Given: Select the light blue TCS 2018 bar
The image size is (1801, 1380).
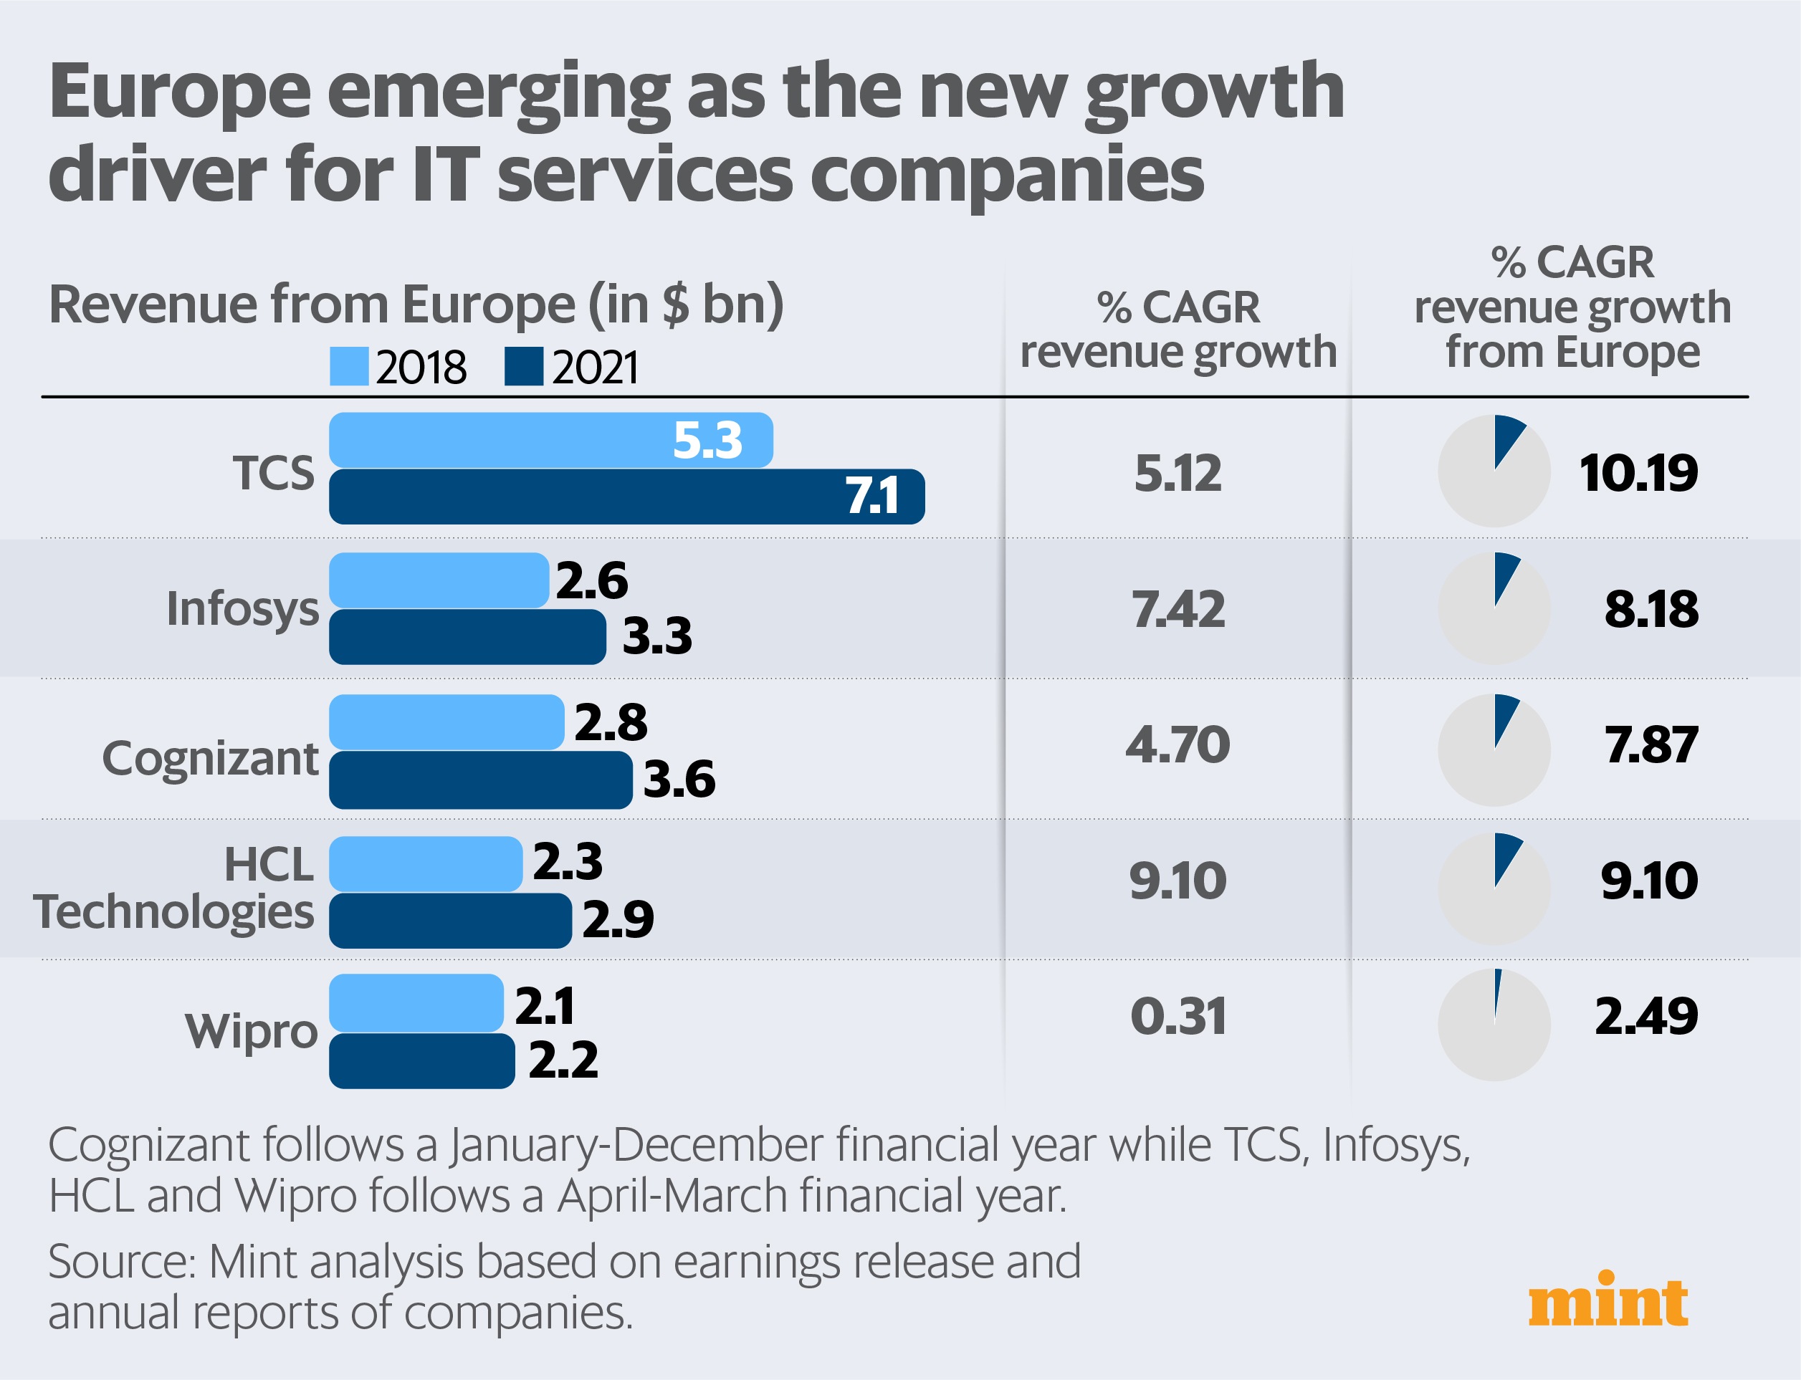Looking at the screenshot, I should coord(550,440).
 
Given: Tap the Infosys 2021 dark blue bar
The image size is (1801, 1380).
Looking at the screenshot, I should coord(467,636).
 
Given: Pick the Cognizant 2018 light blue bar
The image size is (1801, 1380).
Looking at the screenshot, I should coord(446,722).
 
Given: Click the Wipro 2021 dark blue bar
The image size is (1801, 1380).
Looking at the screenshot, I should coord(421,1061).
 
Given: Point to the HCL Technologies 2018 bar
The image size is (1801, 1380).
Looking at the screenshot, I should coord(426,864).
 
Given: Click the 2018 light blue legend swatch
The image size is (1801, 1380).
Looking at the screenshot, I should coord(349,366).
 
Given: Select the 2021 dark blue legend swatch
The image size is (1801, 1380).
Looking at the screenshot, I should coord(524,366).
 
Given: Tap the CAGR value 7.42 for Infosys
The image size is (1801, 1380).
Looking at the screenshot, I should coord(1177,610).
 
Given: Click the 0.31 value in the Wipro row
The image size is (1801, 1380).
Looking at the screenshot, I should coord(1177,1016).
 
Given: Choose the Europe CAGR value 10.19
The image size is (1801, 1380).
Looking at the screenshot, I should coord(1638,473).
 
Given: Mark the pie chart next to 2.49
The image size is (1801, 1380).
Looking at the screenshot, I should coord(1494,1025).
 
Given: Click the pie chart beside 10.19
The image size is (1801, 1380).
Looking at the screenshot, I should coord(1494,471).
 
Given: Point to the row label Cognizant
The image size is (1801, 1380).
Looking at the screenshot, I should coord(209,758).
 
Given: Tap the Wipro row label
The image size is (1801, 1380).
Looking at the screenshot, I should coord(251,1031).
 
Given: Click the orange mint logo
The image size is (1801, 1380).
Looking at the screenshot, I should coord(1608,1301).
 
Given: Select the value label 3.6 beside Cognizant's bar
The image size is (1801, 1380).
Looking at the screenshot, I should coord(679,779).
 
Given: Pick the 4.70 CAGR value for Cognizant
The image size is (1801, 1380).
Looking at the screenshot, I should coord(1177,745).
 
